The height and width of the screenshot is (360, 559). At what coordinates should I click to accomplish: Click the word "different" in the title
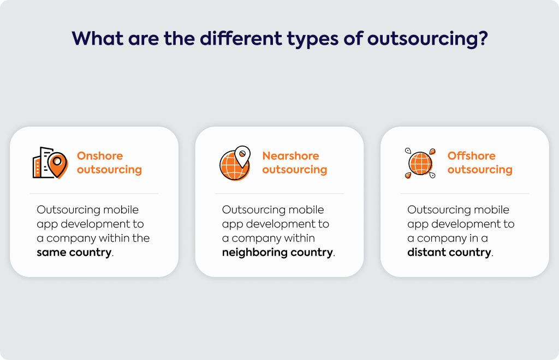pyautogui.click(x=241, y=38)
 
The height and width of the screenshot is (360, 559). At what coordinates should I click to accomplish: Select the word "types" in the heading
pyautogui.click(x=313, y=40)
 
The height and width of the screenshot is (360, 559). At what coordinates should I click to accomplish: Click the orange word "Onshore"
pyautogui.click(x=100, y=155)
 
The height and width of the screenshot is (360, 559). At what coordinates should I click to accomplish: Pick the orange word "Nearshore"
pyautogui.click(x=290, y=155)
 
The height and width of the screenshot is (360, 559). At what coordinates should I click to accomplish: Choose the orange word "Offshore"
pyautogui.click(x=471, y=155)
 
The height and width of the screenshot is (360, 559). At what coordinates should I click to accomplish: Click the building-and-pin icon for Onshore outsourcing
pyautogui.click(x=50, y=163)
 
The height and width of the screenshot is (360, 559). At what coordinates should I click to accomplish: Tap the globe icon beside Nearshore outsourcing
pyautogui.click(x=235, y=163)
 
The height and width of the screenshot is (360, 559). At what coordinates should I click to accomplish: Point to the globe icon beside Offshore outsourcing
pyautogui.click(x=420, y=163)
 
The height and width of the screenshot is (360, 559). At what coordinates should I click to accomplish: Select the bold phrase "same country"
pyautogui.click(x=74, y=252)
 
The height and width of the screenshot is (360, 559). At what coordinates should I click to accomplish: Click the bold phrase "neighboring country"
pyautogui.click(x=277, y=253)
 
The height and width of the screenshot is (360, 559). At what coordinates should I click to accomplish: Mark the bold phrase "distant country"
pyautogui.click(x=449, y=252)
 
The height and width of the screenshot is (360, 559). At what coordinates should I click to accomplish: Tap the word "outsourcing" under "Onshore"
pyautogui.click(x=109, y=170)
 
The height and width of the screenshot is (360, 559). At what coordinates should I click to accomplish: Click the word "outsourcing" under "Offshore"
pyautogui.click(x=480, y=170)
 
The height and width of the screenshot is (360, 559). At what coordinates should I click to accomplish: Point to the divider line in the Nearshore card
pyautogui.click(x=279, y=193)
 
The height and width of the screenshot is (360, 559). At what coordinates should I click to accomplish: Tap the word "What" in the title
pyautogui.click(x=98, y=38)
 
